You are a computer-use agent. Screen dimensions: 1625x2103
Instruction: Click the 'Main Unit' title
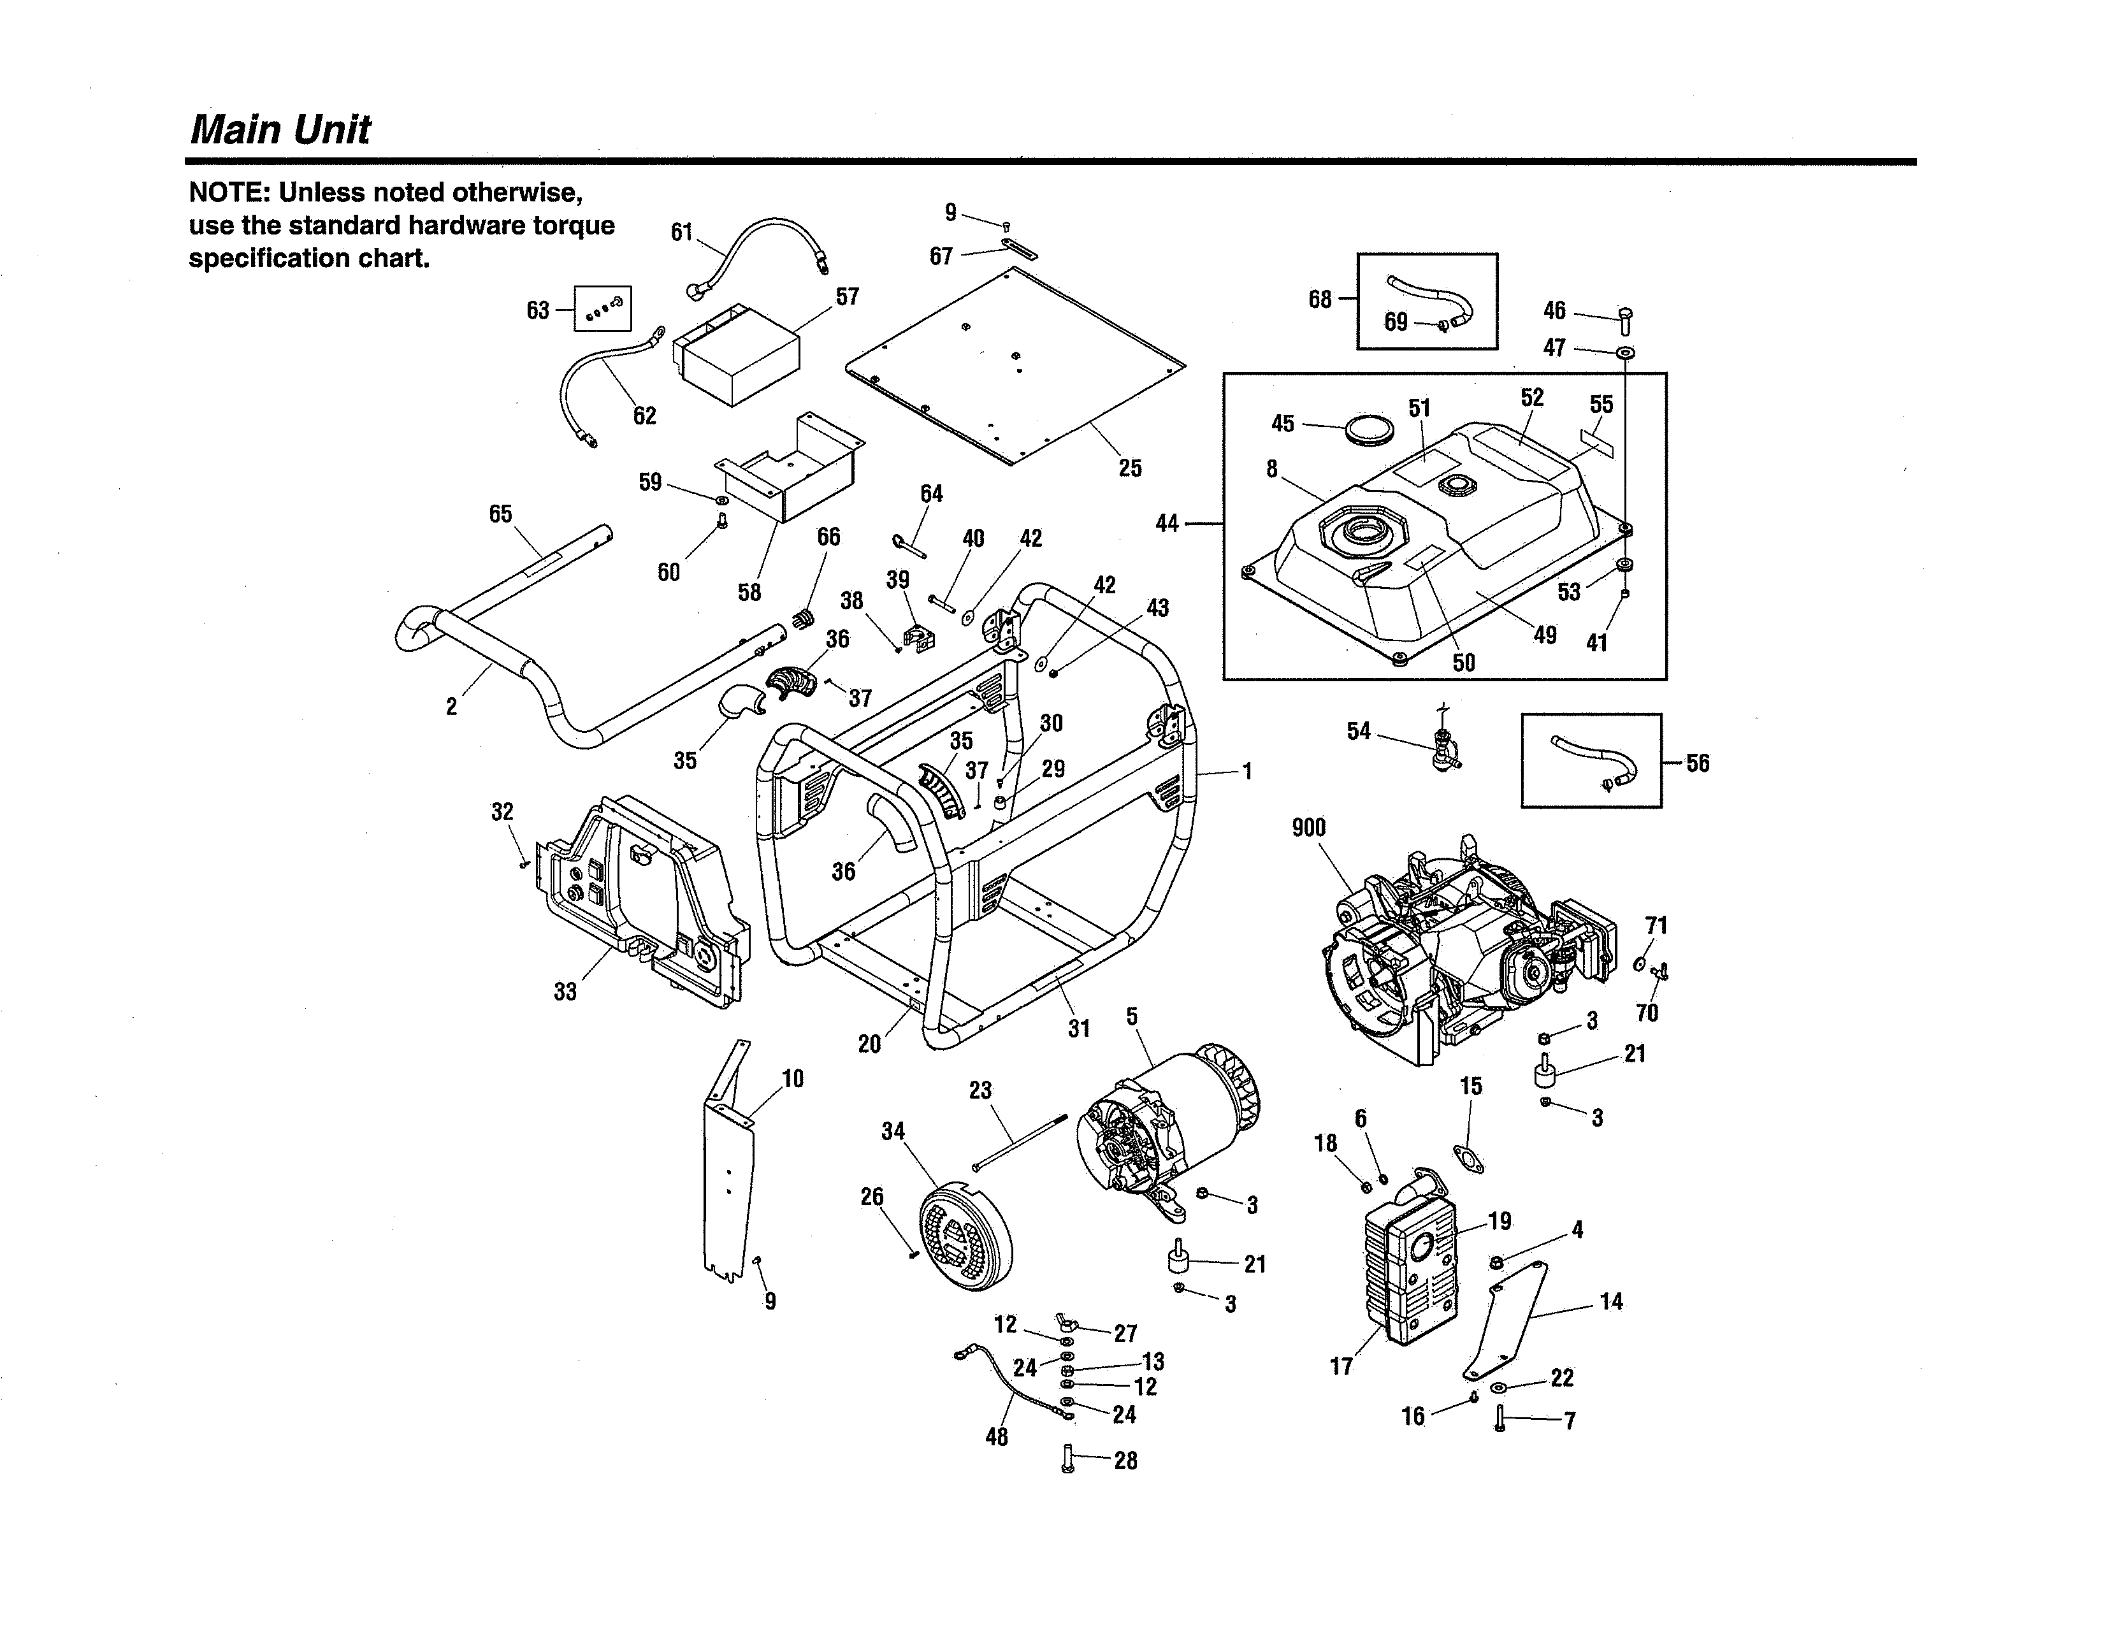[x=279, y=130]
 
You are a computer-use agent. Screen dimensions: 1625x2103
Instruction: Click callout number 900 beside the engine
[x=1308, y=828]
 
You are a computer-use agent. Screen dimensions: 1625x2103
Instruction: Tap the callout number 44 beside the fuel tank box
[x=1166, y=524]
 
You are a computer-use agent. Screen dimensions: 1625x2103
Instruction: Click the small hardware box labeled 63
[x=603, y=308]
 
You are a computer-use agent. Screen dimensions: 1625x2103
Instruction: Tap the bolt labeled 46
[x=1626, y=319]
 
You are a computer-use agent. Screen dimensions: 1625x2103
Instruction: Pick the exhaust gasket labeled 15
[x=1468, y=1159]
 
